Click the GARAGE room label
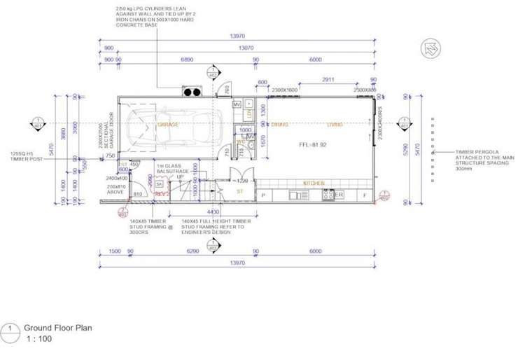tap(168, 125)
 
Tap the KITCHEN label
tap(313, 184)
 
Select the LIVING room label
tap(335, 125)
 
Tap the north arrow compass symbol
tap(430, 49)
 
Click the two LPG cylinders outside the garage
tap(190, 92)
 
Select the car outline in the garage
tap(175, 132)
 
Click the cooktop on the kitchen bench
tap(328, 195)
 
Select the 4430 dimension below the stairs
tap(212, 212)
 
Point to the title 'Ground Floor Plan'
tap(58, 327)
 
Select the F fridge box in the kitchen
tap(365, 195)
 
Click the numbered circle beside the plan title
tap(10, 329)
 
